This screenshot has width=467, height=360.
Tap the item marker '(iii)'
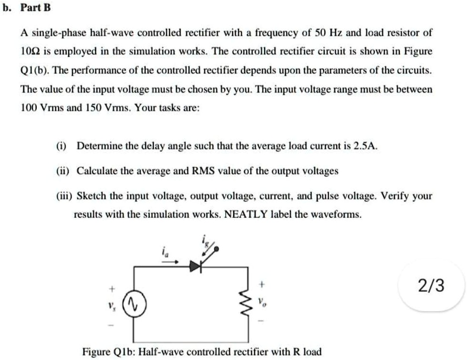(x=63, y=196)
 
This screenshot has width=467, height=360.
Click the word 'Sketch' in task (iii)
(x=90, y=196)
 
